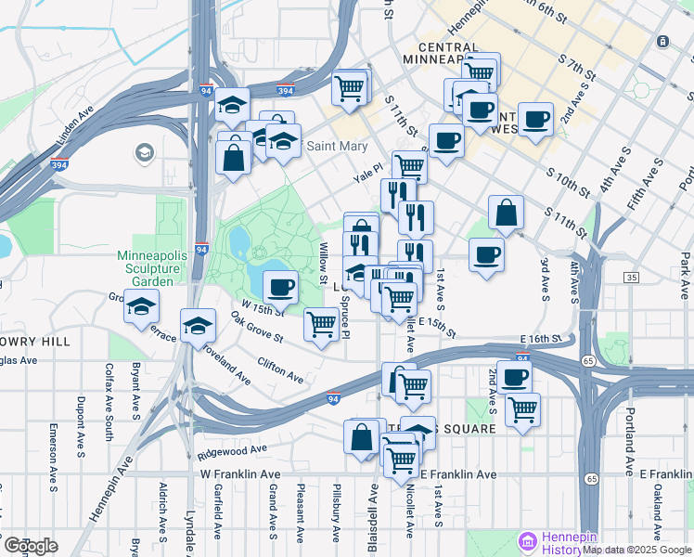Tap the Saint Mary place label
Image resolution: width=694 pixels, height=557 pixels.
pyautogui.click(x=337, y=146)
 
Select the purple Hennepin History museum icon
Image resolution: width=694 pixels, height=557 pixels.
pyautogui.click(x=528, y=540)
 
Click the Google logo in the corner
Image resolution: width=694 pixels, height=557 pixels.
pyautogui.click(x=30, y=545)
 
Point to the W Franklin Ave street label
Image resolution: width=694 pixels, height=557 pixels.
pyautogui.click(x=240, y=474)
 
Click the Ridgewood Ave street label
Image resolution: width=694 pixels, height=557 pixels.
pyautogui.click(x=231, y=452)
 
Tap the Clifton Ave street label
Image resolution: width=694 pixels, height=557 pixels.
pyautogui.click(x=280, y=371)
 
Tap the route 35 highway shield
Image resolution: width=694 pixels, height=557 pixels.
pyautogui.click(x=632, y=278)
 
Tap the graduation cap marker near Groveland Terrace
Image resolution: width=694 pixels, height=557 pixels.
pyautogui.click(x=141, y=305)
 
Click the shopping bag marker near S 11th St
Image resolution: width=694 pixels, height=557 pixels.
pyautogui.click(x=506, y=213)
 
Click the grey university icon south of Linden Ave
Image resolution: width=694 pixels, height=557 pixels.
pyautogui.click(x=144, y=152)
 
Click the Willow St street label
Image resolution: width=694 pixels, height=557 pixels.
pyautogui.click(x=324, y=263)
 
